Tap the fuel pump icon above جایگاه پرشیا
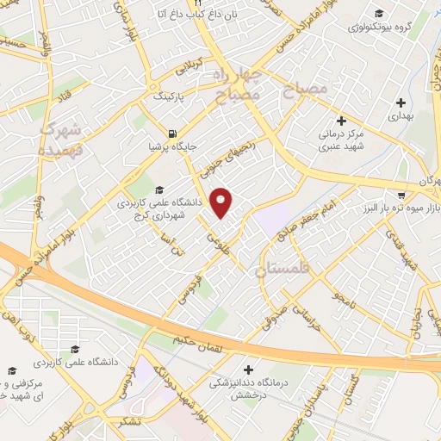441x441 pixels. point(174,134)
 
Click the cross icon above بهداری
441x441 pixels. point(401,103)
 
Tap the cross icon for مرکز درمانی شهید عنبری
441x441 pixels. point(341,121)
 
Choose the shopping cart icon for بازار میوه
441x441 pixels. point(401,196)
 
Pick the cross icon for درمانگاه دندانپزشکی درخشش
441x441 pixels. point(250,369)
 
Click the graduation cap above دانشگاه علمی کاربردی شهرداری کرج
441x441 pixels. point(158,190)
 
